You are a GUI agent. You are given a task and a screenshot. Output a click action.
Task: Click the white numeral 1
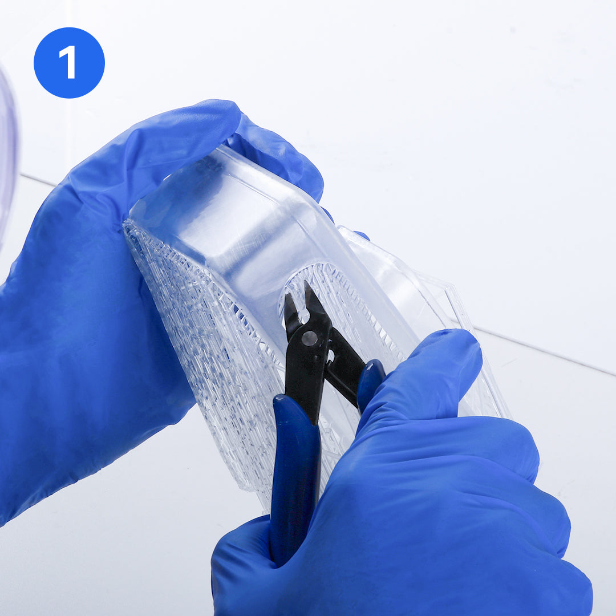click(68, 62)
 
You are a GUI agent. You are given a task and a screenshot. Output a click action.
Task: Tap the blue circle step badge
click(69, 63)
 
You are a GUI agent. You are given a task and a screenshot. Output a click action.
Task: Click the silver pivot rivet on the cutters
click(309, 338)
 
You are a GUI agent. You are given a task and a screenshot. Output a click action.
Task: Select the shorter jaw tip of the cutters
click(287, 295)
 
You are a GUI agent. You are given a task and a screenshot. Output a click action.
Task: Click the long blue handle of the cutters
click(295, 479)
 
